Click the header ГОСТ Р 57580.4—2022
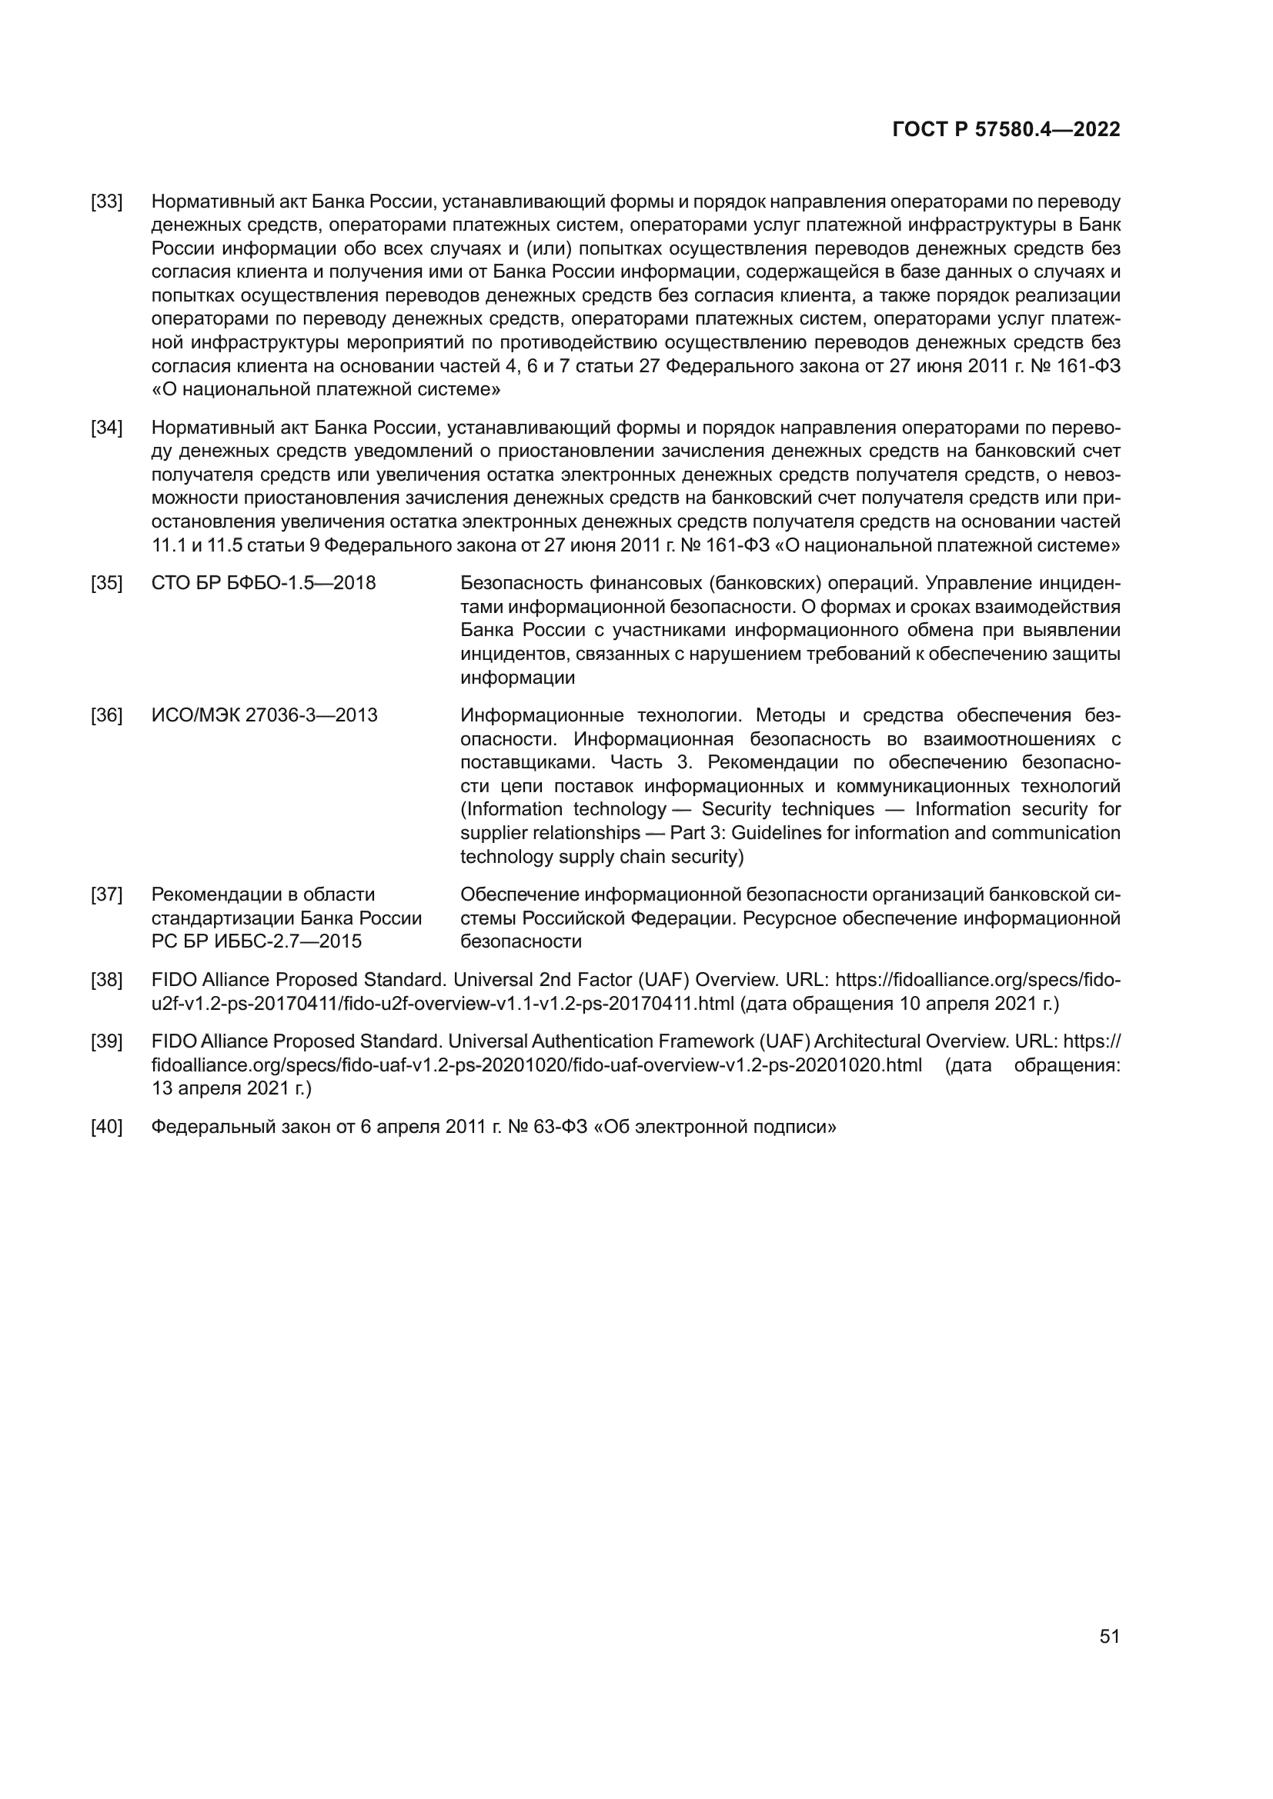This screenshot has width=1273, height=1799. click(1006, 130)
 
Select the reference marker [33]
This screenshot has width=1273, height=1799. click(107, 202)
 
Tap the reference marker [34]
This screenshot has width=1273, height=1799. click(107, 428)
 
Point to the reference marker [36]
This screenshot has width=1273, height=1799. click(107, 715)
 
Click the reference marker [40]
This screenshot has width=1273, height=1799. click(107, 1127)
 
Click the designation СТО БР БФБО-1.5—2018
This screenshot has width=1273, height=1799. click(263, 584)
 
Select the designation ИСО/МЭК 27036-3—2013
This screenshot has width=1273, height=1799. click(264, 715)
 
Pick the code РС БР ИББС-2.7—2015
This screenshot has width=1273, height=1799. click(256, 941)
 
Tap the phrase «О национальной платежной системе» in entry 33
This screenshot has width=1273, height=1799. click(326, 389)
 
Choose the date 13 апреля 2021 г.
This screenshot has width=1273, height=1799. click(230, 1088)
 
